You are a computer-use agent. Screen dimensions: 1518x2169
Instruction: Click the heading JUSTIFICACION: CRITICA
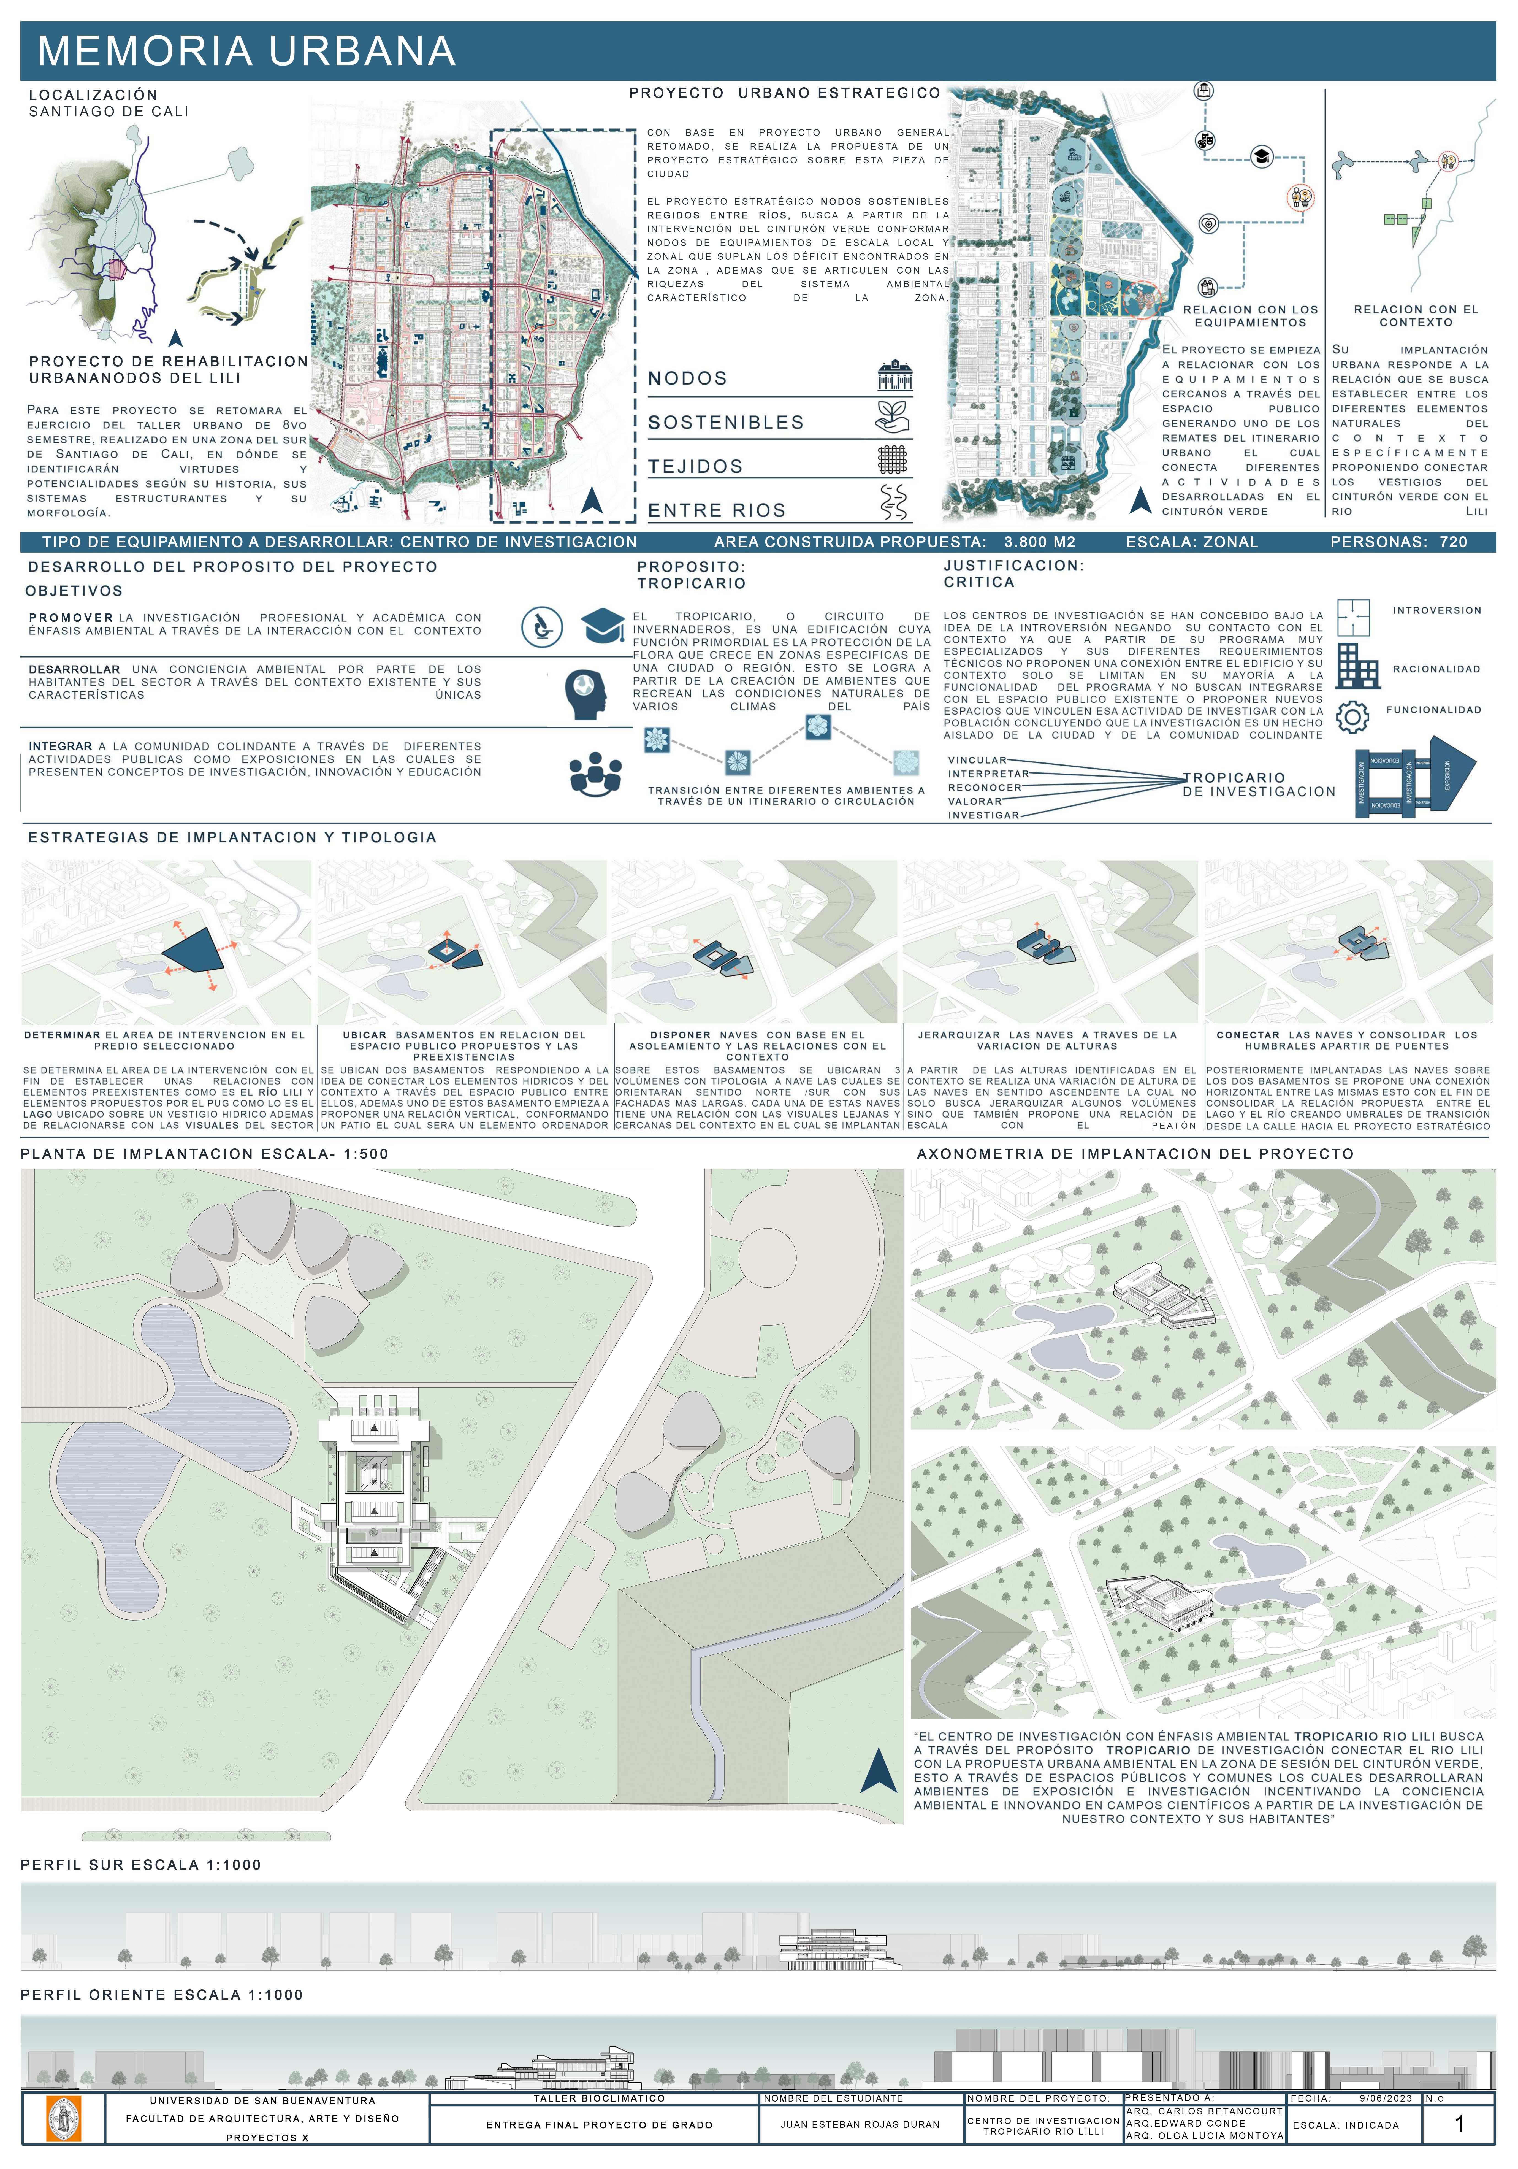tap(1013, 574)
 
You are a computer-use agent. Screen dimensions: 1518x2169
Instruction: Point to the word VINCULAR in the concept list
tap(977, 759)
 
